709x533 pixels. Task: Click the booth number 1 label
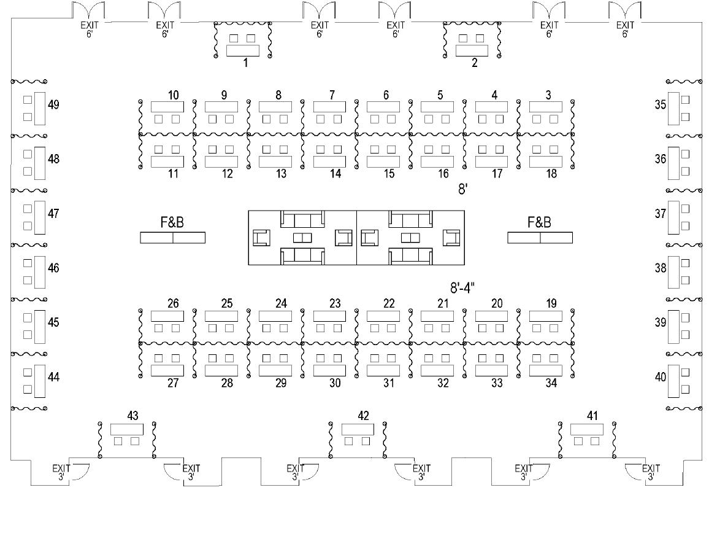[245, 63]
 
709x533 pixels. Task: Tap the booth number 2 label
[475, 63]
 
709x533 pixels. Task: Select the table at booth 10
[167, 107]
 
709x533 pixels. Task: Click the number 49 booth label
[53, 105]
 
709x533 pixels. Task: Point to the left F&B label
[172, 223]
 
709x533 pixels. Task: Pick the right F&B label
[539, 223]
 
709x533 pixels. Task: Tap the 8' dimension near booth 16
[464, 190]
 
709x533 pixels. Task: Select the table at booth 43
[126, 429]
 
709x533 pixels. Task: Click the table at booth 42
[358, 429]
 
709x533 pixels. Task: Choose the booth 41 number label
[592, 416]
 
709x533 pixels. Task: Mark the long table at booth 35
[673, 108]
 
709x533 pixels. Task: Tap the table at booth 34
[545, 370]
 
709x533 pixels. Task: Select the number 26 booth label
[173, 304]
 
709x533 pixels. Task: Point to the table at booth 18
[545, 161]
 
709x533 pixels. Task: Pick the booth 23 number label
[335, 304]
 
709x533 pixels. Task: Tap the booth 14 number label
[335, 174]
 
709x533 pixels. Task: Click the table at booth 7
[329, 107]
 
